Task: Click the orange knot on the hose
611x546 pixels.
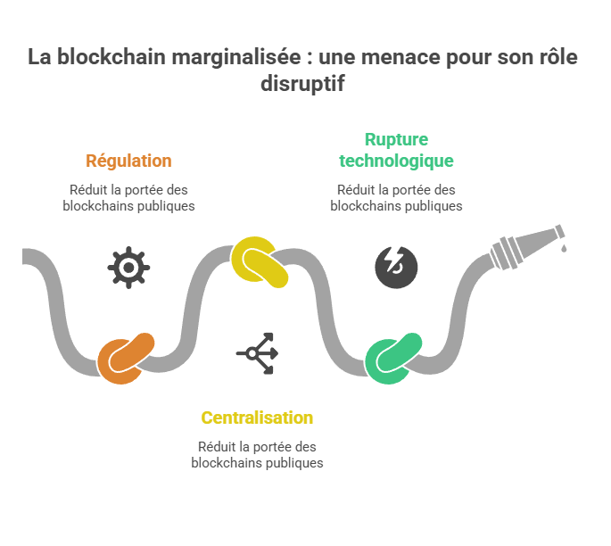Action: point(126,359)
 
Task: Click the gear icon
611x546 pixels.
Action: point(128,267)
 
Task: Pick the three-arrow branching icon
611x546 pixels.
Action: point(257,353)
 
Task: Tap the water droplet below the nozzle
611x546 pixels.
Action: point(563,249)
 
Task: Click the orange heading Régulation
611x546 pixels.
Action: point(128,161)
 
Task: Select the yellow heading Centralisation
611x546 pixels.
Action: point(257,418)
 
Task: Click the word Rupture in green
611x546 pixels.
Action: point(396,140)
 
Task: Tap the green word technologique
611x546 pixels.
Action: point(396,161)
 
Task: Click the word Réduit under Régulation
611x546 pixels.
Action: point(85,190)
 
